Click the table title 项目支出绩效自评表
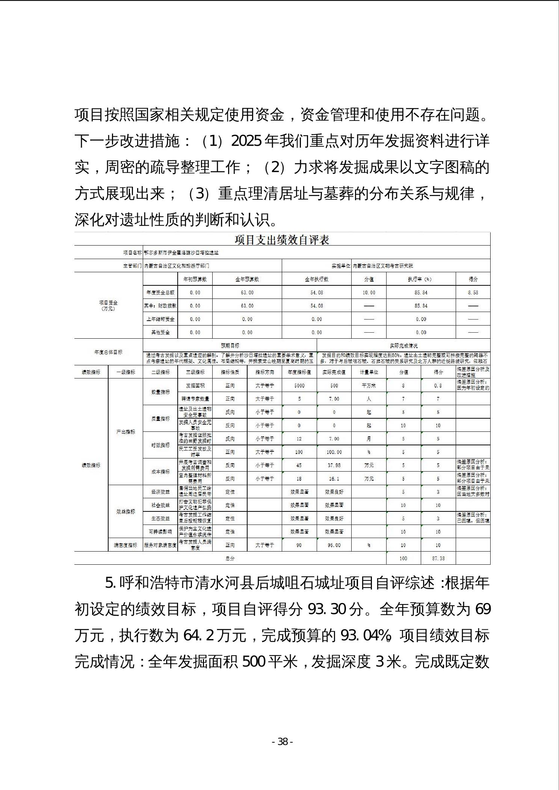tap(282, 240)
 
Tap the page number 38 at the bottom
tap(282, 742)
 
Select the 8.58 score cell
tap(473, 292)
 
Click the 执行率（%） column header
tap(421, 279)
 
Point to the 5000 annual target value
tap(299, 386)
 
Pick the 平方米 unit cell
tap(369, 386)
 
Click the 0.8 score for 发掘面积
tap(438, 386)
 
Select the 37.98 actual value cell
tap(334, 465)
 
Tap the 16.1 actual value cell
tap(334, 479)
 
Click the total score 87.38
tap(438, 558)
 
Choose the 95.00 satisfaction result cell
tap(334, 545)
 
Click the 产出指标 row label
tap(125, 432)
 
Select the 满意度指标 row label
tap(125, 545)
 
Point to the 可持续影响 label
tap(160, 532)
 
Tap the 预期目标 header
tap(230, 345)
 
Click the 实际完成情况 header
tap(403, 345)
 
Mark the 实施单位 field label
tap(340, 266)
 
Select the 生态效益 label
tap(160, 519)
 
